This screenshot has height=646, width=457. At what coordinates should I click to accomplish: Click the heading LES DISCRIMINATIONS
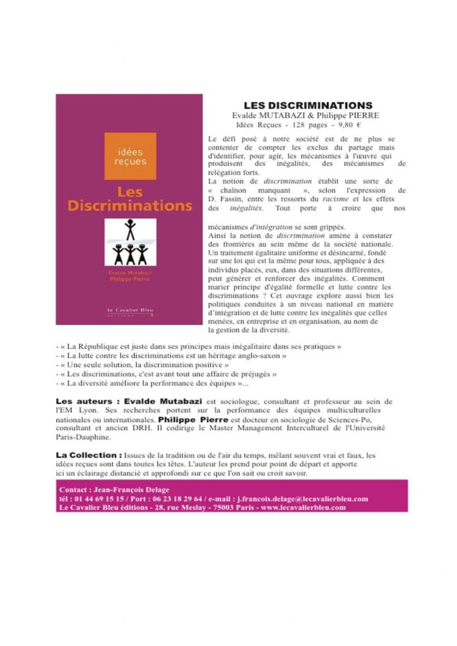[x=308, y=105]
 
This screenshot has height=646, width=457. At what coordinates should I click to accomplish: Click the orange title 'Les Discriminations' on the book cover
[x=130, y=199]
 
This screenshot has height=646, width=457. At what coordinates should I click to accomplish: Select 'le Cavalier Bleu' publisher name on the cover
[x=130, y=309]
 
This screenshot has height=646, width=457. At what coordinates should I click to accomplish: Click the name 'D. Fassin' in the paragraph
[x=227, y=199]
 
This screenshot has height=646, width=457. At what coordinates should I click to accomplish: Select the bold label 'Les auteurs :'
[x=86, y=401]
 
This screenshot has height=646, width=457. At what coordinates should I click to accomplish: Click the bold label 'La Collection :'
[x=89, y=455]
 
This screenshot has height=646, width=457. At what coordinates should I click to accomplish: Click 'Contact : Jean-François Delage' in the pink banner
[x=114, y=490]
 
